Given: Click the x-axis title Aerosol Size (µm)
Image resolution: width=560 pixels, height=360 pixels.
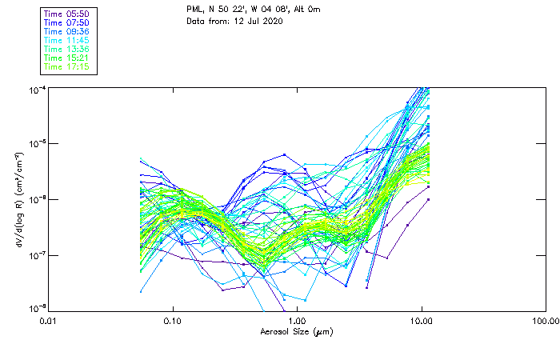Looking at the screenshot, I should point(296,331).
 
